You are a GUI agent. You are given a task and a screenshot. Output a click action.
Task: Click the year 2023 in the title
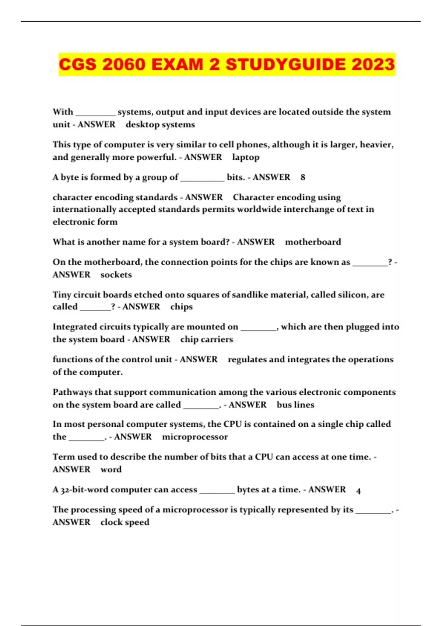373,65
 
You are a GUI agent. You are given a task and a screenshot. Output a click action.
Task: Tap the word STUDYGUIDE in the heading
286,65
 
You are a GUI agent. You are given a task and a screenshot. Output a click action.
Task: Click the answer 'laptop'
246,157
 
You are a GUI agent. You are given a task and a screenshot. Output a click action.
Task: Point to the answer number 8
303,177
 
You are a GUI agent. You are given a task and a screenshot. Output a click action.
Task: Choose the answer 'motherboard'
313,242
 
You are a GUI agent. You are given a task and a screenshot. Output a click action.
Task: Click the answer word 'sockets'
116,275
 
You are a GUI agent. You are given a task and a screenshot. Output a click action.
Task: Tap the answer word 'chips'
182,307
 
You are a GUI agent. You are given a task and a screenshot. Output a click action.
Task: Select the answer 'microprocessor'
195,437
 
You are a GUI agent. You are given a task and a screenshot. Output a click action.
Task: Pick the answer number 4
358,490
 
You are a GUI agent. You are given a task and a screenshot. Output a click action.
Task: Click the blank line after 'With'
95,114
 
